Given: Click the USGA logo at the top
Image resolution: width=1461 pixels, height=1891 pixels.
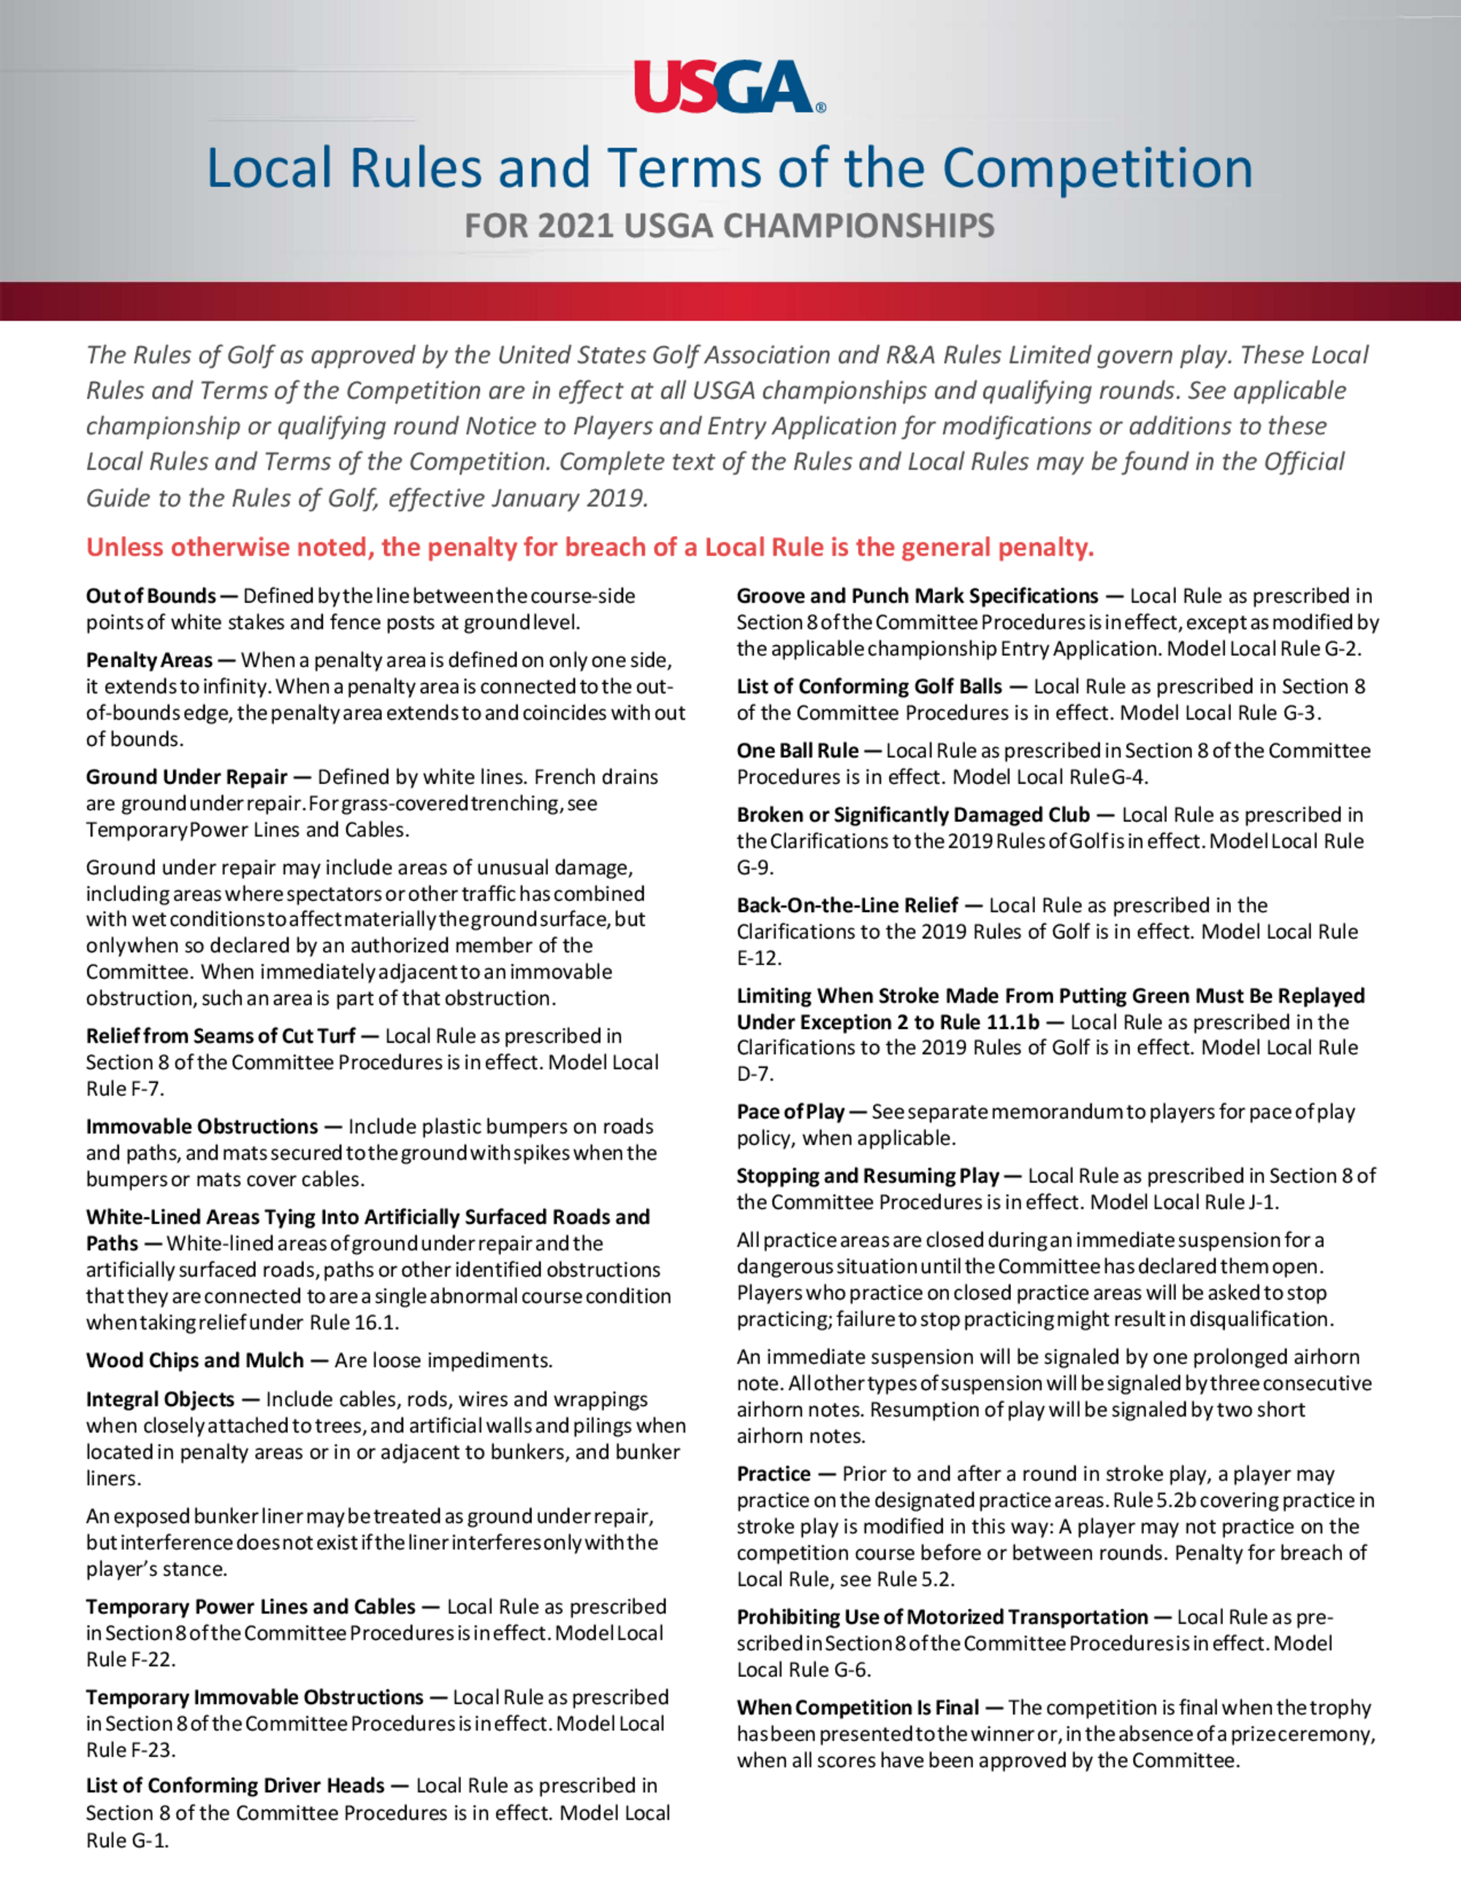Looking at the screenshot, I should pyautogui.click(x=729, y=86).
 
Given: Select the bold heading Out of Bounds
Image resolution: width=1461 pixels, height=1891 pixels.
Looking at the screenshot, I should pyautogui.click(x=150, y=596).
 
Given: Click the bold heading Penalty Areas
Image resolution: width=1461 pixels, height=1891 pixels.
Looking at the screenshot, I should pyautogui.click(x=149, y=661).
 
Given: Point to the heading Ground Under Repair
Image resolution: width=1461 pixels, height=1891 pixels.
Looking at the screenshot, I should pyautogui.click(x=186, y=777).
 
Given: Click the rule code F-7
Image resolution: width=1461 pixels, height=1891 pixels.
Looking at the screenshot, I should pyautogui.click(x=142, y=1089).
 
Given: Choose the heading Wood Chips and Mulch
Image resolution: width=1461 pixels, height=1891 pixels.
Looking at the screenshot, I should pyautogui.click(x=195, y=1361).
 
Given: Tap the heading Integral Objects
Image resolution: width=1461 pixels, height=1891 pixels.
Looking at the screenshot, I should pyautogui.click(x=160, y=1400).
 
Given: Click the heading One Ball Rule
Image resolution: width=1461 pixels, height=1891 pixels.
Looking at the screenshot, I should pyautogui.click(x=797, y=750).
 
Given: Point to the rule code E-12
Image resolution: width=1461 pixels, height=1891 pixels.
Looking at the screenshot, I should pyautogui.click(x=759, y=959).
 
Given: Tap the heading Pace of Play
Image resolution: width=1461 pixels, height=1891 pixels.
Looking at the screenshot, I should pyautogui.click(x=790, y=1113).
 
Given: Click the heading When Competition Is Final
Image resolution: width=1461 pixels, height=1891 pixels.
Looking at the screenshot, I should pyautogui.click(x=858, y=1708).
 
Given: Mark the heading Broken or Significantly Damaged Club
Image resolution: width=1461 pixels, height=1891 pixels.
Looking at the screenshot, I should pyautogui.click(x=913, y=815).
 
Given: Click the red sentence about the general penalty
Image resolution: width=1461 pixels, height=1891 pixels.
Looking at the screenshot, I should pyautogui.click(x=590, y=548).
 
